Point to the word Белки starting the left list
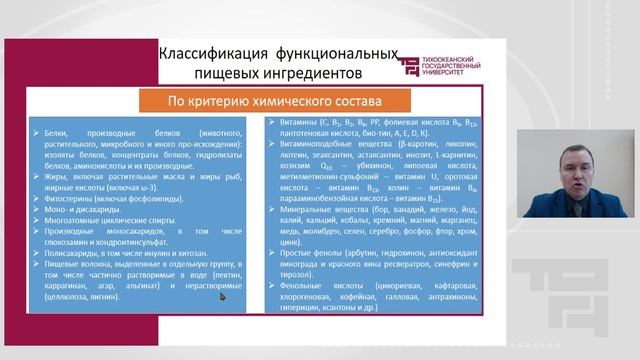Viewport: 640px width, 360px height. click(x=52, y=131)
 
